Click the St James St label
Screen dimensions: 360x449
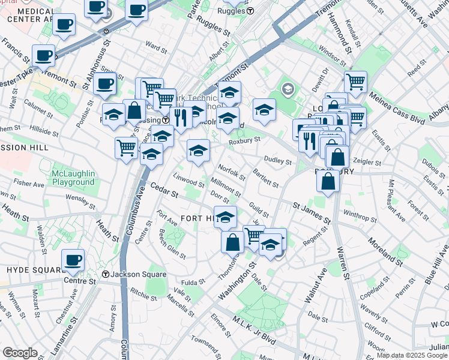(312, 213)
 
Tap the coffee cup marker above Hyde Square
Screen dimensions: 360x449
(73, 260)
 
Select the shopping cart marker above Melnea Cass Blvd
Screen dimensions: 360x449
(355, 81)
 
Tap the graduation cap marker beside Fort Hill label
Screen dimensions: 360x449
(225, 217)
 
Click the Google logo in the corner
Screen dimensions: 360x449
(20, 353)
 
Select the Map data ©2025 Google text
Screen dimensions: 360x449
(412, 355)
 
